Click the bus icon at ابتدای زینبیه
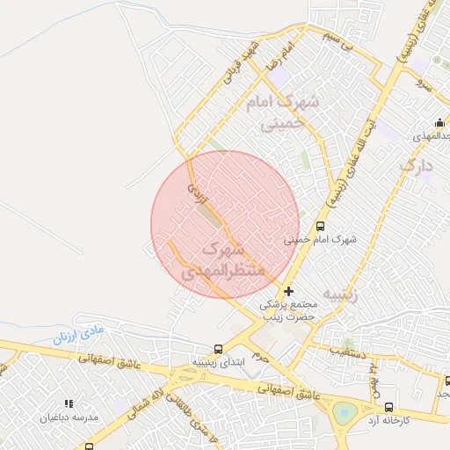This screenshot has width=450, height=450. (x=219, y=349)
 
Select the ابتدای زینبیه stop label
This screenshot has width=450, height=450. (x=219, y=362)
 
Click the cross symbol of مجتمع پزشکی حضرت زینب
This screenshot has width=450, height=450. (x=288, y=291)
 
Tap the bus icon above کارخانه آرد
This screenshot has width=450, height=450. (x=389, y=407)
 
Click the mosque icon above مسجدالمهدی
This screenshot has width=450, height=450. (x=439, y=122)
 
